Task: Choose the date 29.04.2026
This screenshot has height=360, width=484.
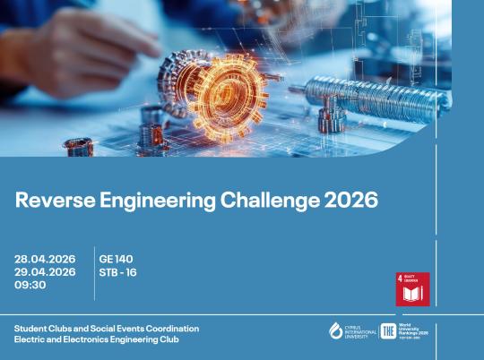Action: pos(45,272)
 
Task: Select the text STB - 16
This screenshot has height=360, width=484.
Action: pos(119,272)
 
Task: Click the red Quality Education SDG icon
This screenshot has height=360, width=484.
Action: pos(412,288)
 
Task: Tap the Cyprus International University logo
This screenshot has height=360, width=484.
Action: pos(350,330)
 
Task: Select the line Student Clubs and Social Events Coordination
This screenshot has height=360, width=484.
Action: pos(106,329)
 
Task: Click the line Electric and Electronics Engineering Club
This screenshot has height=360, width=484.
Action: pos(96,340)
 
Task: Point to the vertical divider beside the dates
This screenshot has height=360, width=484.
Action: pos(94,271)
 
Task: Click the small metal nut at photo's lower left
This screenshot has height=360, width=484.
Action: pos(79,146)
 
